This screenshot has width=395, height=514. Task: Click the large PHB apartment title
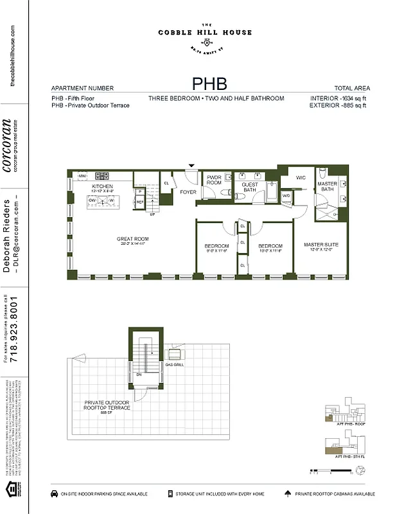coord(209,84)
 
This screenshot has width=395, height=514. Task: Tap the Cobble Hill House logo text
coord(206,32)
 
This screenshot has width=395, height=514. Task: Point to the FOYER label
coord(188,191)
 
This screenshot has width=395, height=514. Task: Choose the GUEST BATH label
coord(249,187)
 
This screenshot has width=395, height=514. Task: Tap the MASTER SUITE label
coord(321,245)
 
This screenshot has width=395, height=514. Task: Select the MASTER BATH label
coord(327,186)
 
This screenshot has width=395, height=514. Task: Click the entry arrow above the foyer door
coord(190,166)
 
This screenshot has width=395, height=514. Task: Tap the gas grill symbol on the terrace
coord(175,353)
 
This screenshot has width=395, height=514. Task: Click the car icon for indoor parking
coord(53,494)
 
